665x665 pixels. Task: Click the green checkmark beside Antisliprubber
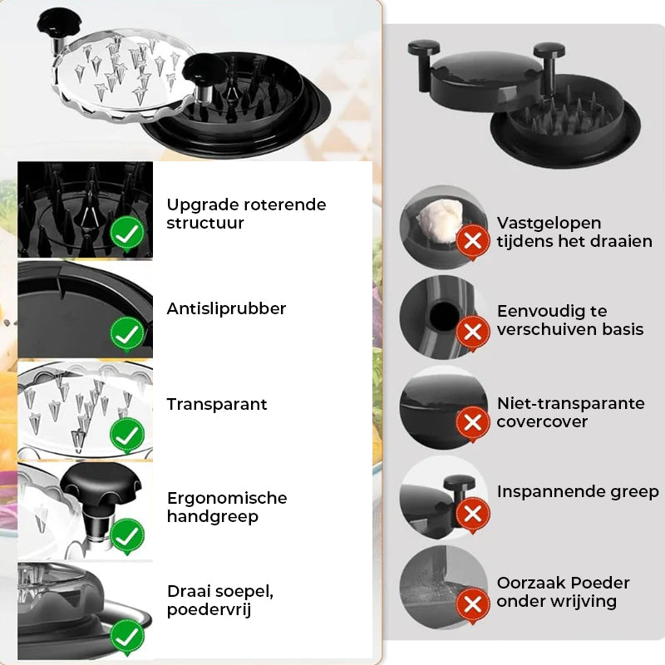pyautogui.click(x=127, y=334)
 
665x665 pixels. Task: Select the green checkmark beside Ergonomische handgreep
pyautogui.click(x=127, y=534)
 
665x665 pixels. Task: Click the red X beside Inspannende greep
pyautogui.click(x=473, y=515)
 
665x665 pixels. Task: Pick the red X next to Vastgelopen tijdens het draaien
pyautogui.click(x=473, y=242)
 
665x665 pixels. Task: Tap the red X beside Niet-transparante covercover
pyautogui.click(x=473, y=423)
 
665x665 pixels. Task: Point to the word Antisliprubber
pyautogui.click(x=226, y=308)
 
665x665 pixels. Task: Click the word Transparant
pyautogui.click(x=217, y=404)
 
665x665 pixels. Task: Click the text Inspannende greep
pyautogui.click(x=578, y=491)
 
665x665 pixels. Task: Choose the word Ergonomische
pyautogui.click(x=227, y=498)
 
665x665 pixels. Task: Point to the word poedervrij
pyautogui.click(x=209, y=609)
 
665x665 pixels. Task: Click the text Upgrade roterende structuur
pyautogui.click(x=246, y=214)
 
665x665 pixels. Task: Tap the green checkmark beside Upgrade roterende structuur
pyautogui.click(x=127, y=234)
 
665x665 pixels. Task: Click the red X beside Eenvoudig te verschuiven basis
pyautogui.click(x=473, y=332)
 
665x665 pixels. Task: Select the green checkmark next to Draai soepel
pyautogui.click(x=127, y=637)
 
